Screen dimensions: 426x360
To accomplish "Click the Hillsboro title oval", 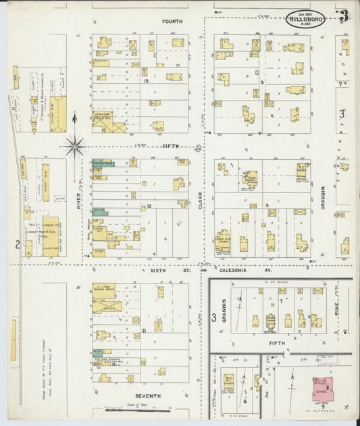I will (305, 20).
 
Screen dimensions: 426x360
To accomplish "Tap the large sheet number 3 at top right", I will (344, 17).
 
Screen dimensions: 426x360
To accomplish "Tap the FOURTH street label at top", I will (172, 22).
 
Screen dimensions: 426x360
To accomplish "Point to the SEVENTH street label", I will (147, 395).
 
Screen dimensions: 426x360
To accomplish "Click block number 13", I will (146, 80).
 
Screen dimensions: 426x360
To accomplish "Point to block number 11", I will (144, 330).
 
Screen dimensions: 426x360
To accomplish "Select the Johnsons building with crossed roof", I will (108, 122).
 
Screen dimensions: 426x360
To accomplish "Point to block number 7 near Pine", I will (280, 301).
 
